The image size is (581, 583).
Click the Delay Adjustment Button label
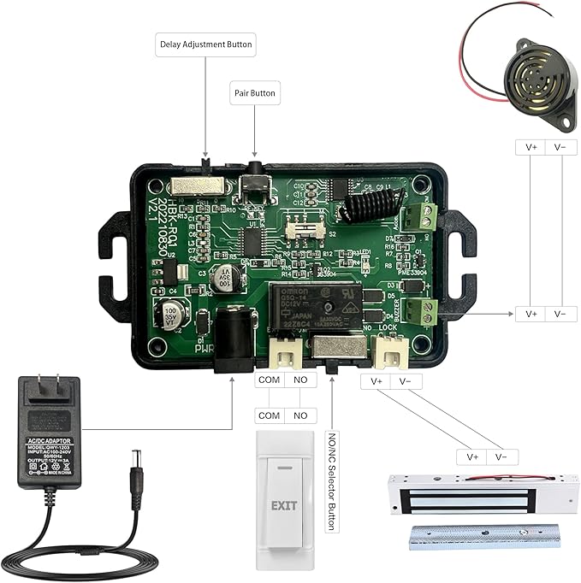(x=206, y=44)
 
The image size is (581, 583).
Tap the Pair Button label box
(x=255, y=93)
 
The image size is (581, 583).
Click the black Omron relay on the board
(x=312, y=309)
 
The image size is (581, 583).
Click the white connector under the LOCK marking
(x=390, y=350)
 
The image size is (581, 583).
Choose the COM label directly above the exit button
(x=270, y=415)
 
